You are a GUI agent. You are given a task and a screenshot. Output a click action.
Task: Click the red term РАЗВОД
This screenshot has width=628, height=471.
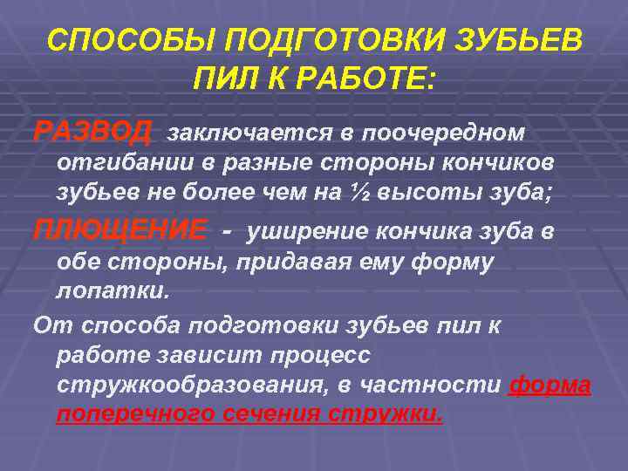(x=92, y=133)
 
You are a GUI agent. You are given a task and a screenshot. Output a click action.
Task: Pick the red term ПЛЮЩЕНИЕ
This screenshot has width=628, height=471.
(x=120, y=231)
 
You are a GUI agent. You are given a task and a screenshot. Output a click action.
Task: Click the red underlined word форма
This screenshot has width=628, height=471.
(x=549, y=385)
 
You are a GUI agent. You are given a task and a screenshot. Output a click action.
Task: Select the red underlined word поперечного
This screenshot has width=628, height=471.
(x=134, y=414)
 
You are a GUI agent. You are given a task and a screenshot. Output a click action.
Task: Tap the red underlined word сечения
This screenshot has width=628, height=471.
(x=271, y=414)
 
